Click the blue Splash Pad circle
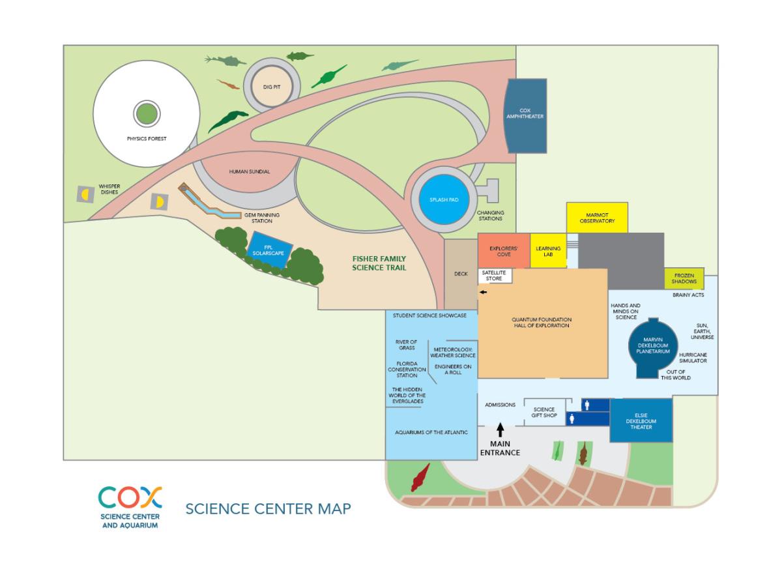444,199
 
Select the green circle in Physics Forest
147,114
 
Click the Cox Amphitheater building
526,116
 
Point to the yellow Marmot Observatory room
597,218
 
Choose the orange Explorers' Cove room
504,251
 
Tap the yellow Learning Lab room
548,251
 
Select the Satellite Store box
495,276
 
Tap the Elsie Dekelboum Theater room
641,421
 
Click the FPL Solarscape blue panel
269,250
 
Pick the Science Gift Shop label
544,412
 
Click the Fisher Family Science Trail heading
379,263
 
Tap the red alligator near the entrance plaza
420,477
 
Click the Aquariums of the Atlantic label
431,432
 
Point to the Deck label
461,274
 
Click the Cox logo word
130,497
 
